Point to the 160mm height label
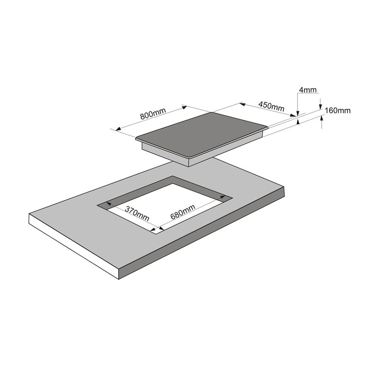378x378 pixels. (338, 111)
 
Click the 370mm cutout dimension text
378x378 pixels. (137, 214)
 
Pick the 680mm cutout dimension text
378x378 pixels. (183, 212)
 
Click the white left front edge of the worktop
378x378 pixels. (74, 246)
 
